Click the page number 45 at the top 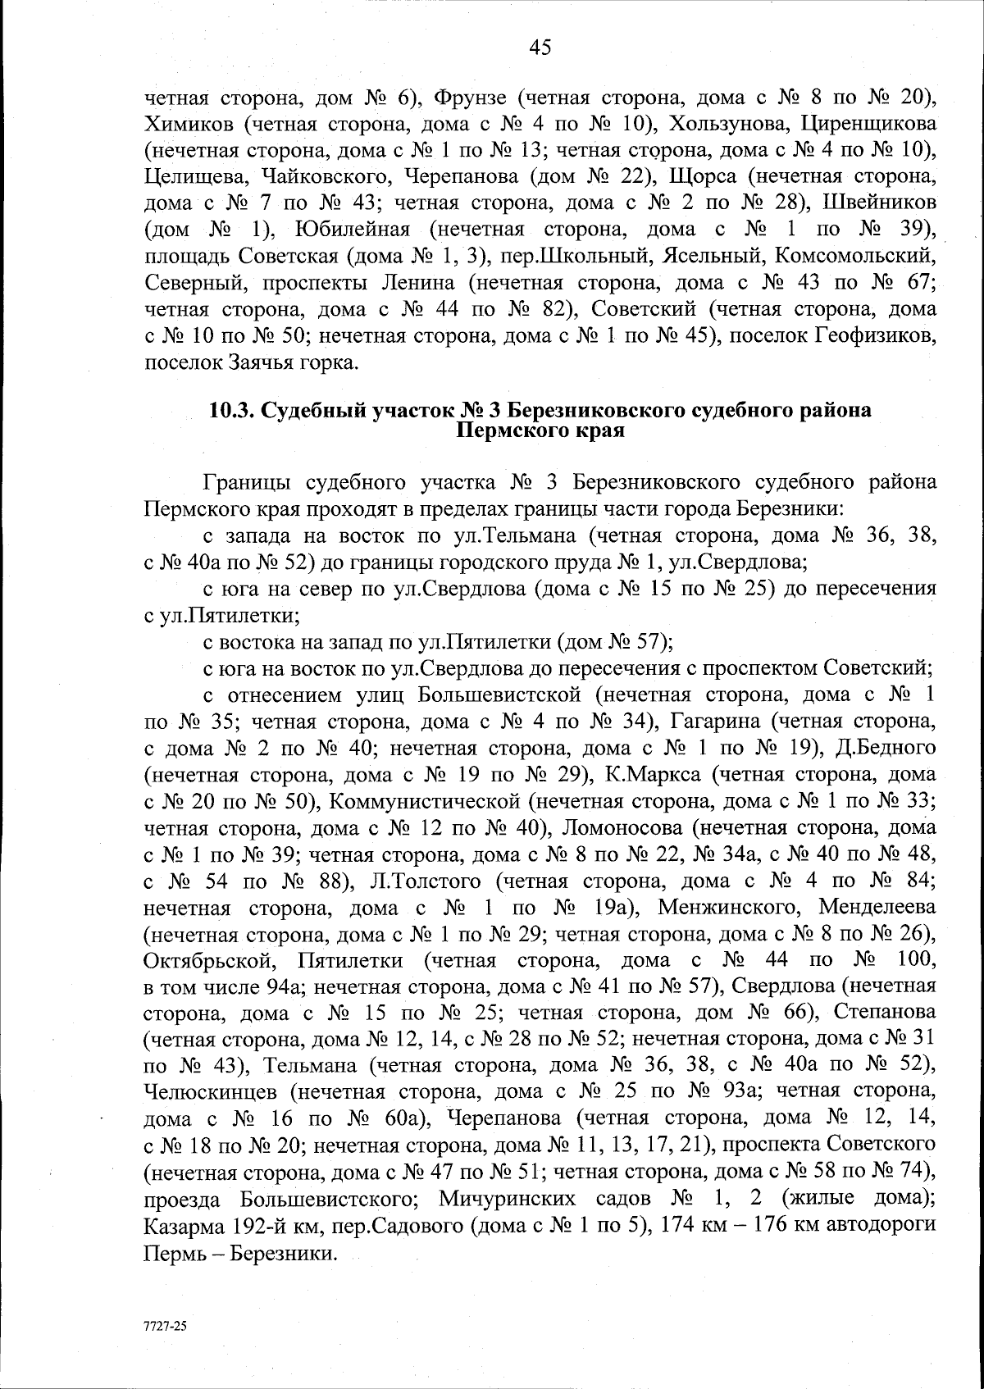tap(540, 48)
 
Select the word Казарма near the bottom tap(182, 1224)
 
